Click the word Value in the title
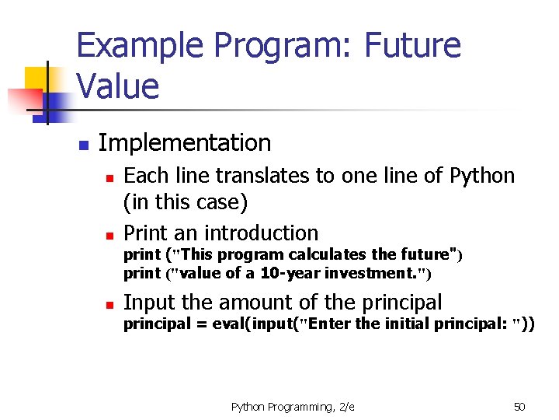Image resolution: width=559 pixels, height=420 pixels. tap(118, 86)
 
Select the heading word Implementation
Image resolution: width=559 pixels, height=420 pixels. tap(185, 143)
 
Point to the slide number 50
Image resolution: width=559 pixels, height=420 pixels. tap(519, 407)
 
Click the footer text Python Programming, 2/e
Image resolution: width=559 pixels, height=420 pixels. tap(293, 407)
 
